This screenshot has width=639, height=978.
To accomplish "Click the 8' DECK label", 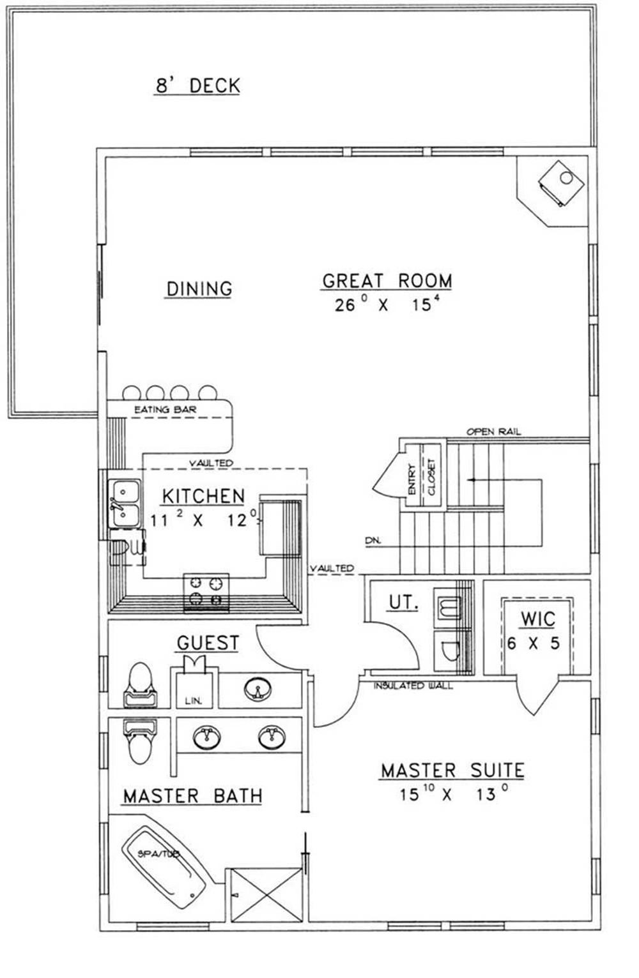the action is pyautogui.click(x=198, y=85).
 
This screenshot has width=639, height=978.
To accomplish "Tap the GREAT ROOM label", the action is pyautogui.click(x=387, y=281).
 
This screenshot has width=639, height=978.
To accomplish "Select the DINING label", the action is pyautogui.click(x=199, y=289).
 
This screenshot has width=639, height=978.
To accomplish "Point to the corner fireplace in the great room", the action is pyautogui.click(x=561, y=183).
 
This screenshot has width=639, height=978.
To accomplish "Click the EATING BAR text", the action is pyautogui.click(x=166, y=410).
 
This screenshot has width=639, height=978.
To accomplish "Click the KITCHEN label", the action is pyautogui.click(x=203, y=497).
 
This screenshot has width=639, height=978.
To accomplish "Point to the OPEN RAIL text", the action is pyautogui.click(x=494, y=432).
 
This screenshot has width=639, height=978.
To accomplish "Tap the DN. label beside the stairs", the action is pyautogui.click(x=373, y=541).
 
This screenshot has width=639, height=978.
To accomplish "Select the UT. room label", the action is pyautogui.click(x=403, y=603).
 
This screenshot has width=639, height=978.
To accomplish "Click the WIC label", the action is pyautogui.click(x=538, y=619).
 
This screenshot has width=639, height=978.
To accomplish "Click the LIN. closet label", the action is pyautogui.click(x=193, y=701).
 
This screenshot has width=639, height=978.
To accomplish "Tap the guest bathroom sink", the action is pyautogui.click(x=258, y=689).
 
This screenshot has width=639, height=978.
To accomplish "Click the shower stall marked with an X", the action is pyautogui.click(x=266, y=895).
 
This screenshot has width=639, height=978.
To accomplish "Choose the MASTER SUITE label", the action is pyautogui.click(x=453, y=771).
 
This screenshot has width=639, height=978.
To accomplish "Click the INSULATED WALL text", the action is pyautogui.click(x=413, y=686).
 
